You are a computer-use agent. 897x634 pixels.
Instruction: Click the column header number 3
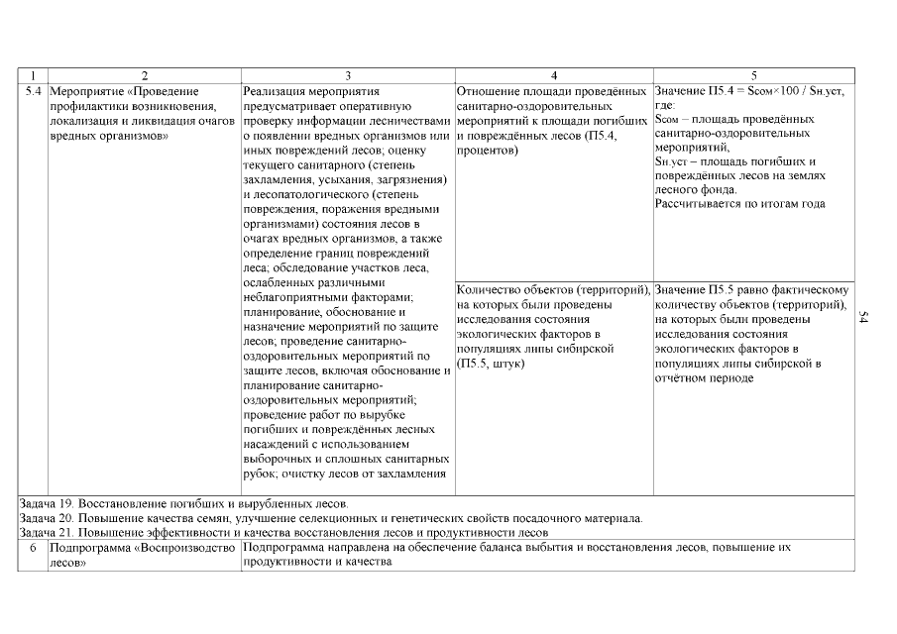(x=347, y=76)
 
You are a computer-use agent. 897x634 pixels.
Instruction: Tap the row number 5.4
(x=32, y=91)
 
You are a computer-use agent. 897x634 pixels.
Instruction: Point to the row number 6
(x=32, y=547)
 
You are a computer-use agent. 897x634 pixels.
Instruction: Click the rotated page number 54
(x=863, y=317)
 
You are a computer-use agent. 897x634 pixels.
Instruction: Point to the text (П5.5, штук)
(x=491, y=364)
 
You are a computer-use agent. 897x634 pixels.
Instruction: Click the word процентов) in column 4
(x=488, y=151)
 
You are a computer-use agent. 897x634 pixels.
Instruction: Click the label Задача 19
(x=47, y=503)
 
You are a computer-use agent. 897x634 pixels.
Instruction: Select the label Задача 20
(x=47, y=518)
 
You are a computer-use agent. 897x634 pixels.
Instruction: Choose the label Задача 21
(x=47, y=533)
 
